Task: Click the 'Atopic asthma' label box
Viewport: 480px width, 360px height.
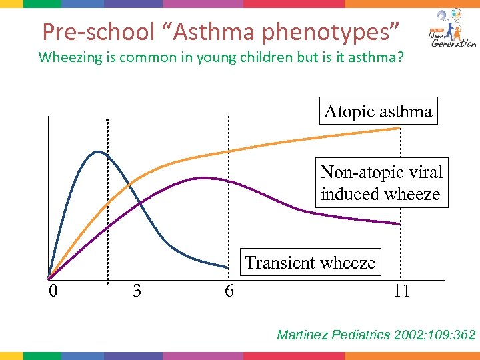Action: tap(378, 111)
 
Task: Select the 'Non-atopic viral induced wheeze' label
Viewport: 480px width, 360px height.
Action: tap(381, 183)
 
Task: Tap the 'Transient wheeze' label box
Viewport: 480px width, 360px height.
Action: tap(310, 263)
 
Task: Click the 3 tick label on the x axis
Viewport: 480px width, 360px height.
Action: tap(137, 291)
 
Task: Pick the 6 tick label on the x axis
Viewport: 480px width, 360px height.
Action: tap(229, 291)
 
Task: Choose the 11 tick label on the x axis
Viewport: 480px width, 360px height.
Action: tap(401, 291)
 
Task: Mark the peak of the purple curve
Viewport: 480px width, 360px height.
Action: tap(201, 177)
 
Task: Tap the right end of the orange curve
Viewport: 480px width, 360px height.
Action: tap(399, 128)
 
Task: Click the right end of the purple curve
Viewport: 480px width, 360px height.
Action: tap(399, 224)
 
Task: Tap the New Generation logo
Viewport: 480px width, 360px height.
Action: tap(451, 30)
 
